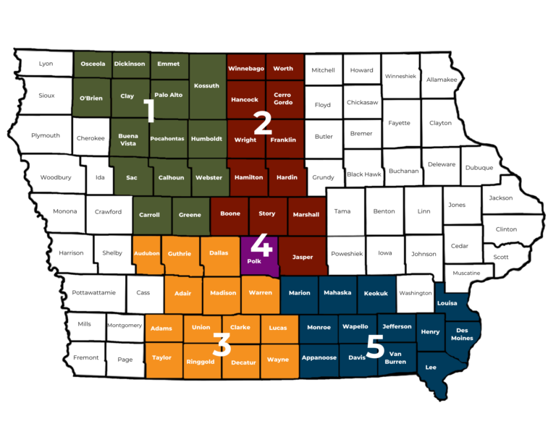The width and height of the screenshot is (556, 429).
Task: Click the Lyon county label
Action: click(46, 64)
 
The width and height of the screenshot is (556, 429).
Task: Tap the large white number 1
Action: click(149, 111)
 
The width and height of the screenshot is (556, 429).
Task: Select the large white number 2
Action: click(261, 123)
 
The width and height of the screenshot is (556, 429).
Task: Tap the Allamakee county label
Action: click(442, 80)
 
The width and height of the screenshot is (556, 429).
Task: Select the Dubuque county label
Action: click(479, 168)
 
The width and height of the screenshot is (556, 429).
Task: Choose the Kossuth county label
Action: click(207, 86)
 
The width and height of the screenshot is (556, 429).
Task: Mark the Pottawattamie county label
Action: click(94, 293)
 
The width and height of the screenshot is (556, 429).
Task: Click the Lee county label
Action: click(431, 367)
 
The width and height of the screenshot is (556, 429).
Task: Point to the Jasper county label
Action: click(303, 257)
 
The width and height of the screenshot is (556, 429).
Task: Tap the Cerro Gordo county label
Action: click(284, 98)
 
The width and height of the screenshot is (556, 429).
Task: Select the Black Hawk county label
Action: click(364, 174)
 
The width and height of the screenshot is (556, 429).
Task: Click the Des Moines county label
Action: click(462, 334)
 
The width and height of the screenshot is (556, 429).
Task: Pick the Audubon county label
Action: click(147, 253)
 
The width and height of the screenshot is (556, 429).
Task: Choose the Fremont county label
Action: click(86, 358)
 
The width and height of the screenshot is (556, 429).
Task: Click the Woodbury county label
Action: click(56, 177)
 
